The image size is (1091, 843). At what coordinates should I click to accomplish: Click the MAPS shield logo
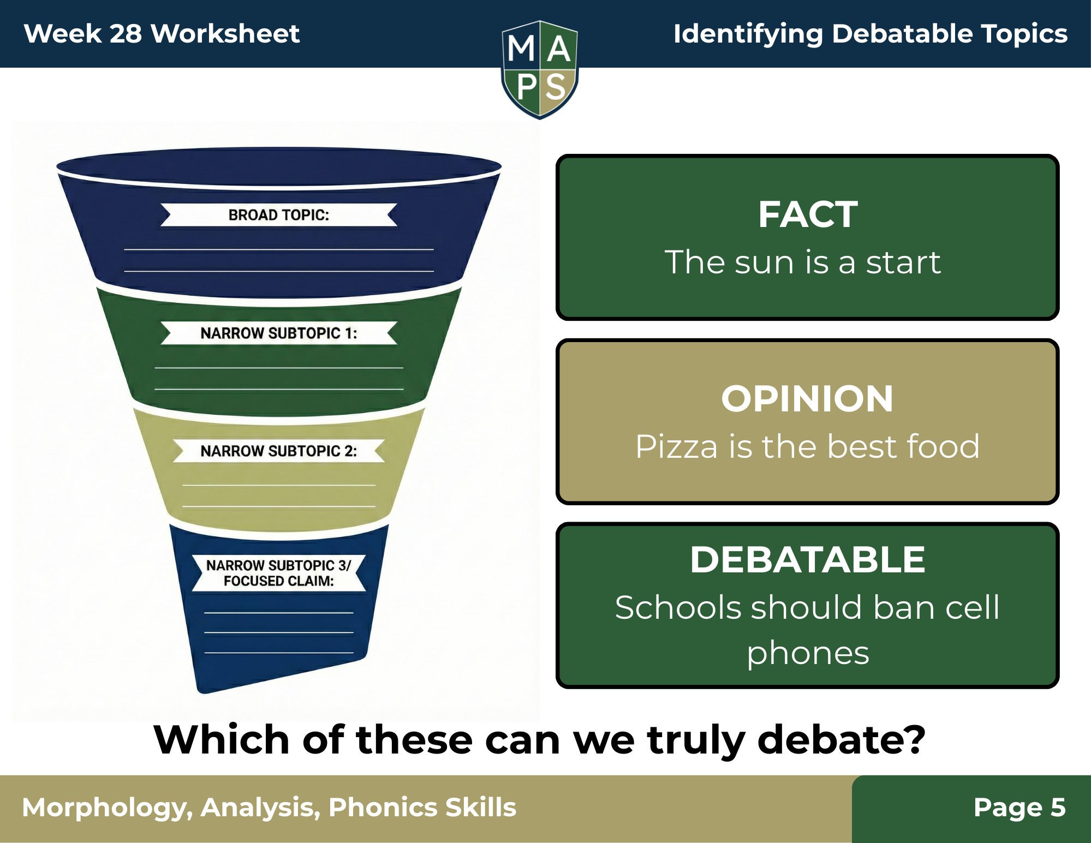[x=540, y=69]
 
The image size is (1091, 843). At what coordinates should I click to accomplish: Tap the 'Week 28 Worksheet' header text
[x=162, y=34]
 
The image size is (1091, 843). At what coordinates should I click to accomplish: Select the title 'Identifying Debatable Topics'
[x=870, y=34]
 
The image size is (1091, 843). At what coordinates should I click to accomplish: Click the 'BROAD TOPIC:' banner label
[x=279, y=215]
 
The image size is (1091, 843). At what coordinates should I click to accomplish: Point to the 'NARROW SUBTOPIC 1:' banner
[x=279, y=333]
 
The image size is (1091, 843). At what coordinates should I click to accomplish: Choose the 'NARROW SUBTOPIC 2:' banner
[x=279, y=451]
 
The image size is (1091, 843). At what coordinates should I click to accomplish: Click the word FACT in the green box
[x=808, y=214]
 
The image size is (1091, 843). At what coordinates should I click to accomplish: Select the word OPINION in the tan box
[x=807, y=399]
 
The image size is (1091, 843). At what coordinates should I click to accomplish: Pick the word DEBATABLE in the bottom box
[x=808, y=560]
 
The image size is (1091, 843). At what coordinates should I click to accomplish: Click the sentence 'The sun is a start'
[x=803, y=262]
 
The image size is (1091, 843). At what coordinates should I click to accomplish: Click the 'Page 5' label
[x=1020, y=808]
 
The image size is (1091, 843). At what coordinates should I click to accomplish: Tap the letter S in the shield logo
[x=556, y=87]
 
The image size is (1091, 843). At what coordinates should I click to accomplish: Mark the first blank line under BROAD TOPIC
[x=279, y=250]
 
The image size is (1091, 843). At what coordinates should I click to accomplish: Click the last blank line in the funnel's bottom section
[x=279, y=653]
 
